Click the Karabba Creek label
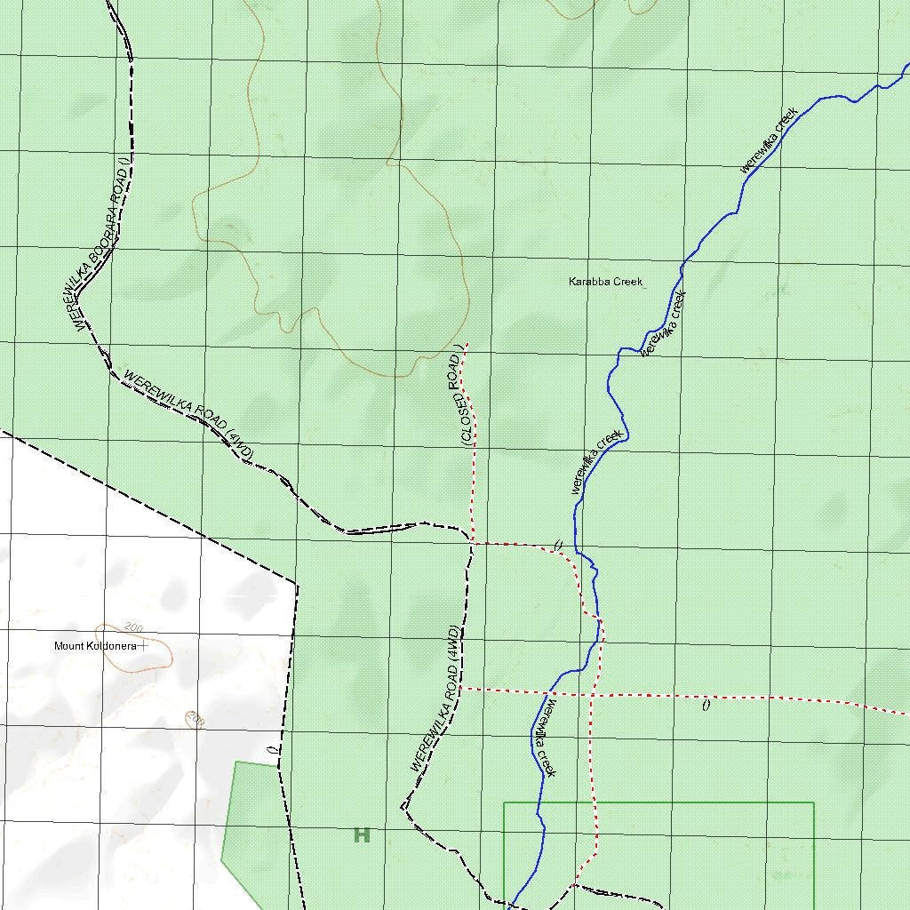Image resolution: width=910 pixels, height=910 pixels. pyautogui.click(x=605, y=282)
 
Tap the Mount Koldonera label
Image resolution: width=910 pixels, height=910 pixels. pyautogui.click(x=95, y=646)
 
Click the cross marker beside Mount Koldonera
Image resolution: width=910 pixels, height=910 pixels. pyautogui.click(x=142, y=646)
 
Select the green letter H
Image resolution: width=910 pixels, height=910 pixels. pyautogui.click(x=362, y=835)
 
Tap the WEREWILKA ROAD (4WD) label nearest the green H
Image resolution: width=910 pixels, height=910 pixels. pyautogui.click(x=435, y=699)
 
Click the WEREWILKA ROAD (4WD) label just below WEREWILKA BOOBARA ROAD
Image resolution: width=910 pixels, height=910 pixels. pyautogui.click(x=189, y=415)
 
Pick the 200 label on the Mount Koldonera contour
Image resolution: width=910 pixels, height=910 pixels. pyautogui.click(x=134, y=628)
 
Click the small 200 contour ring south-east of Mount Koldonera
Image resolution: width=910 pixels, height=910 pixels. pyautogui.click(x=195, y=718)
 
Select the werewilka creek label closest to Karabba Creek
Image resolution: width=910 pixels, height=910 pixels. pyautogui.click(x=665, y=323)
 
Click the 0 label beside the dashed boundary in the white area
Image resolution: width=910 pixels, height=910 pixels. pyautogui.click(x=271, y=750)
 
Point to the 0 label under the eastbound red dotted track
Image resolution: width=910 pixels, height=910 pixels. pyautogui.click(x=706, y=706)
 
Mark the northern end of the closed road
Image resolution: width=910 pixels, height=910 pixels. pyautogui.click(x=466, y=344)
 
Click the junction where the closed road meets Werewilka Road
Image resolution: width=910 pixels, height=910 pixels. pyautogui.click(x=472, y=542)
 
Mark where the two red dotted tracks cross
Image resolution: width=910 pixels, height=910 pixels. pyautogui.click(x=590, y=693)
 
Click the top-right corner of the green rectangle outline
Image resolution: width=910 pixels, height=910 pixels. pyautogui.click(x=814, y=803)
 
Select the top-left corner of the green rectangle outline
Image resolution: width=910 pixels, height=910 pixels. pyautogui.click(x=504, y=803)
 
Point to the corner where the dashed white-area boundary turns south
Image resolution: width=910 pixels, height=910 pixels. pyautogui.click(x=297, y=584)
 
